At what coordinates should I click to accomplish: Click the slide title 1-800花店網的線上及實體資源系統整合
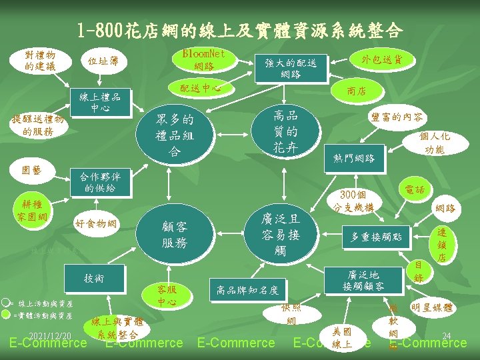pyautogui.click(x=239, y=31)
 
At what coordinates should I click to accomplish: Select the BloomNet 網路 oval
pyautogui.click(x=203, y=59)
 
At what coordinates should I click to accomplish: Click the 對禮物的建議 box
pyautogui.click(x=40, y=59)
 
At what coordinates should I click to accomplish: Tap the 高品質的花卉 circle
pyautogui.click(x=285, y=131)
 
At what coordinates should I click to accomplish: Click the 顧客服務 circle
pyautogui.click(x=173, y=235)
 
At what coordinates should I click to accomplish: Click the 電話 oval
pyautogui.click(x=415, y=190)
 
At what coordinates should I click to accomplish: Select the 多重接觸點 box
pyautogui.click(x=379, y=236)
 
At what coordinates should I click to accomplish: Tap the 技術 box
pyautogui.click(x=94, y=278)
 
